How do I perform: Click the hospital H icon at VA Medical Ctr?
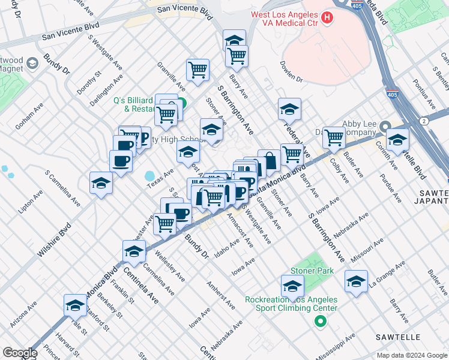(x=327, y=17)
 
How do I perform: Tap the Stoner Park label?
(x=312, y=271)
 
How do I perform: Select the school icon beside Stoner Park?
(x=292, y=286)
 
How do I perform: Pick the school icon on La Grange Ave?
(x=356, y=281)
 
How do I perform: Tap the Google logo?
(x=20, y=353)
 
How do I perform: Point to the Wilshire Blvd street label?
(x=54, y=240)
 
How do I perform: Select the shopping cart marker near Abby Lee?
(x=334, y=137)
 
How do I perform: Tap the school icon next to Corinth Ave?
(x=397, y=140)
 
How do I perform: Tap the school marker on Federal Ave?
(x=289, y=110)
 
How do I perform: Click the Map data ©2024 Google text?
(x=411, y=355)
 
